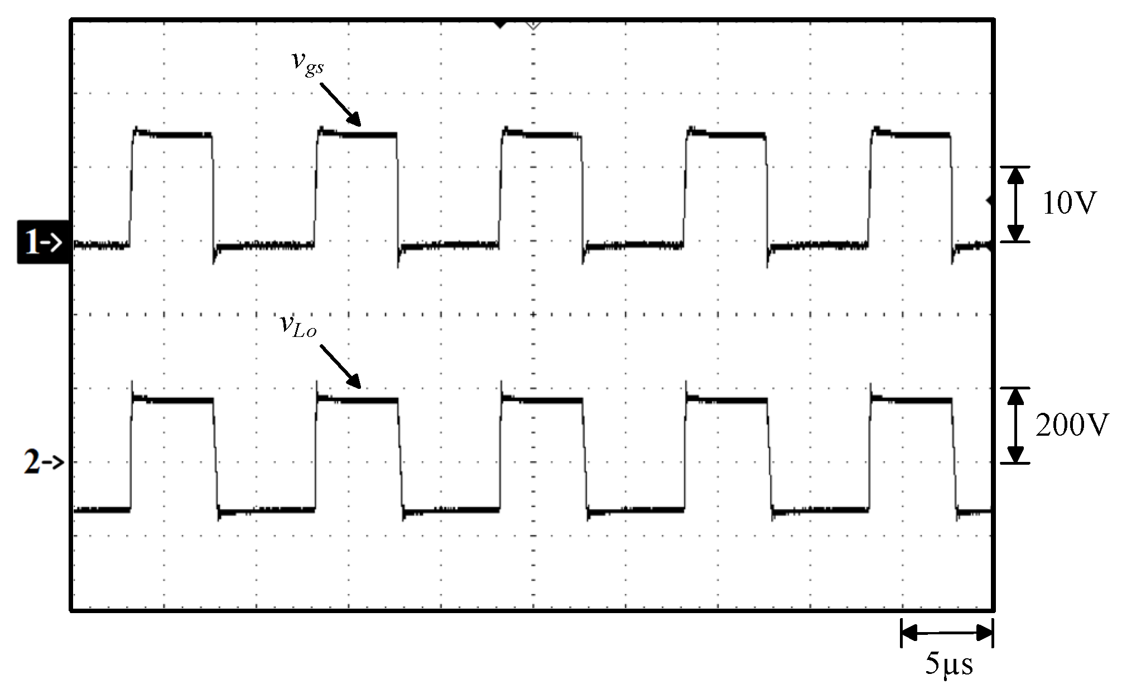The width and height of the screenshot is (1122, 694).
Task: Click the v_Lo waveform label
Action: click(298, 326)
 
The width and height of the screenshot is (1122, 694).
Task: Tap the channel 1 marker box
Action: click(44, 242)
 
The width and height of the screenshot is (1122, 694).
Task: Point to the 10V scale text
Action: click(1069, 204)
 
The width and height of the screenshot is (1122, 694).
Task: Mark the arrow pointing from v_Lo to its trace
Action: click(340, 367)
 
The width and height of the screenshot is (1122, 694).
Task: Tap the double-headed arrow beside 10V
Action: click(1015, 204)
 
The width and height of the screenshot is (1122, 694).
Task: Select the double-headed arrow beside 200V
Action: click(1015, 426)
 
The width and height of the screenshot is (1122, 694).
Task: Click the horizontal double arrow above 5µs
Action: click(947, 633)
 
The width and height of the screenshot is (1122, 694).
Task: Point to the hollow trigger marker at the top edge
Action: click(533, 25)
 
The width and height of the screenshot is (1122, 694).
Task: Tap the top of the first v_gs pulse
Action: click(173, 134)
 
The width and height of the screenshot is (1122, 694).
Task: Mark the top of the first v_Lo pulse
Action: click(173, 400)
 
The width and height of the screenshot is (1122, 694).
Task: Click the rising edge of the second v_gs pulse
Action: click(316, 187)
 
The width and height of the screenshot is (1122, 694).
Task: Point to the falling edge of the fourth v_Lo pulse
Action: click(770, 455)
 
